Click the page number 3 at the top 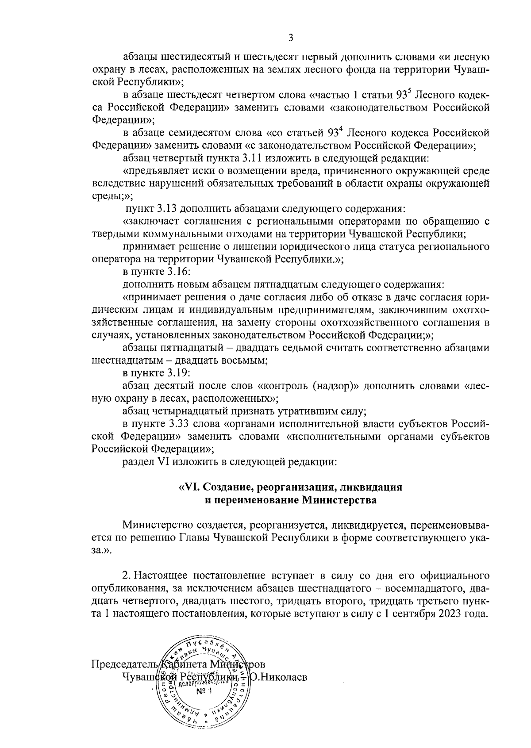point(291,38)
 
